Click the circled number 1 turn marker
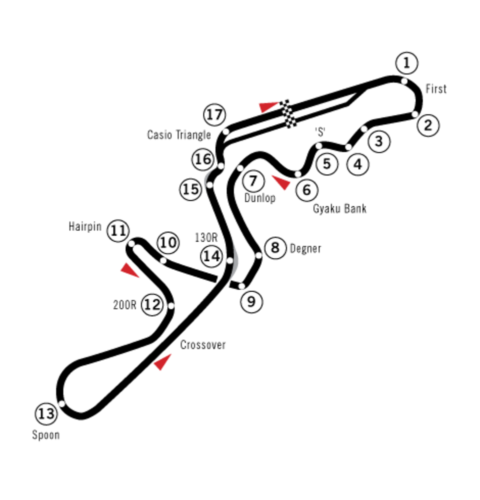[406, 63]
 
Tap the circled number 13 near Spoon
[46, 414]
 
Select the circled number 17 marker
[214, 114]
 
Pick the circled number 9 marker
[251, 301]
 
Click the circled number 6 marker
[306, 190]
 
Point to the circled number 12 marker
[152, 305]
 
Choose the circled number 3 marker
[379, 141]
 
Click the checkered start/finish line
[288, 114]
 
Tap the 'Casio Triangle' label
[178, 135]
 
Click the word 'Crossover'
[203, 345]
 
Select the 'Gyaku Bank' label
[339, 209]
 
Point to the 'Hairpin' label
[85, 227]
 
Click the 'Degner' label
[305, 249]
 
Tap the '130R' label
[206, 238]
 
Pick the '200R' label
[124, 305]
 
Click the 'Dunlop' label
[260, 198]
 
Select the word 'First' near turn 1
[436, 88]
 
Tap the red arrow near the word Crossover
[162, 362]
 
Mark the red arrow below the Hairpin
[129, 270]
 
